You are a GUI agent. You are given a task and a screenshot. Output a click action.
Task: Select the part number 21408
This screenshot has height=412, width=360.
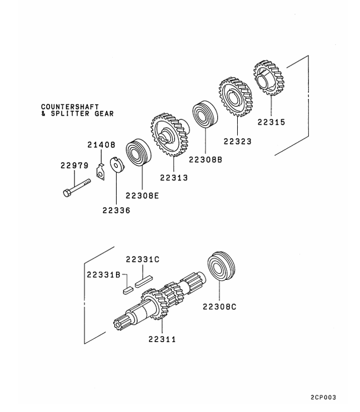[x=101, y=145]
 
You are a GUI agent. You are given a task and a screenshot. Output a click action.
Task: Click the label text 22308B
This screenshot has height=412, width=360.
[x=205, y=159]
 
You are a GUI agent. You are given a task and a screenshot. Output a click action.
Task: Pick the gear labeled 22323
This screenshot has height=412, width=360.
[x=234, y=97]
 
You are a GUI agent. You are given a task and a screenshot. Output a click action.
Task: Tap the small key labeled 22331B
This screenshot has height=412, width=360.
[x=126, y=289]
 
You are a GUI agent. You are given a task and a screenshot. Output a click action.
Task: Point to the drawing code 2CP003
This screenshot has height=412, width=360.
[x=323, y=398]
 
